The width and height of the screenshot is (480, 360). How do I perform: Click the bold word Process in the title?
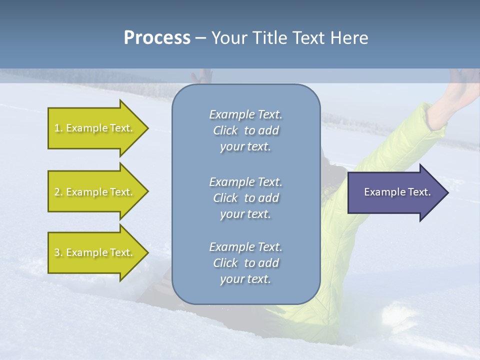(157, 38)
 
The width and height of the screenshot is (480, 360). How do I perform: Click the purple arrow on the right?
(395, 192)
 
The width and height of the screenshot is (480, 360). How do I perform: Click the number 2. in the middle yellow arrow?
(58, 192)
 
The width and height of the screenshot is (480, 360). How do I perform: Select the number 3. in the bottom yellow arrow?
(58, 252)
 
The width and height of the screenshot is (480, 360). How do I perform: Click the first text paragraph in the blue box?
(245, 130)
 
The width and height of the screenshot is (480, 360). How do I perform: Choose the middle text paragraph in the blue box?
(245, 198)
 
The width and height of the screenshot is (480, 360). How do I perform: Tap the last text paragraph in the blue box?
(245, 263)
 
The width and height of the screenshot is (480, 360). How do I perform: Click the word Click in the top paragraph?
(225, 130)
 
